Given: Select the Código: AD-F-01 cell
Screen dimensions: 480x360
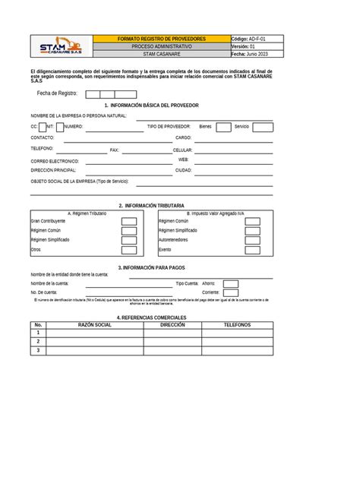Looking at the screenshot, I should [x=254, y=38].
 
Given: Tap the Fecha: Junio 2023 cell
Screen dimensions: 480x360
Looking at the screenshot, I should [x=254, y=55].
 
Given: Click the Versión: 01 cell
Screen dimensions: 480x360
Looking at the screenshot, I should [x=254, y=46].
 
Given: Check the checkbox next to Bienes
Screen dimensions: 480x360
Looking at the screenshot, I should [x=223, y=127].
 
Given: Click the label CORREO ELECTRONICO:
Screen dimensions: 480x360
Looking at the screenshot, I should [x=55, y=162].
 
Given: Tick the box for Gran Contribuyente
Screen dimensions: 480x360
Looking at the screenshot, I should [x=129, y=221].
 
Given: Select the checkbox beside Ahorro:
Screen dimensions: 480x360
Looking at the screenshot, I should [x=230, y=283].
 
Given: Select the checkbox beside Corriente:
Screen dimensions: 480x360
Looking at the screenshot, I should [x=230, y=292].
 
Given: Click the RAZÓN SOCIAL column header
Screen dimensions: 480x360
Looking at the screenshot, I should [x=95, y=324].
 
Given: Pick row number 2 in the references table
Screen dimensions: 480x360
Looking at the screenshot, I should [x=38, y=342].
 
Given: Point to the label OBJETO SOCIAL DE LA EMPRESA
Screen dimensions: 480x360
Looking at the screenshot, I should [x=79, y=182].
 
